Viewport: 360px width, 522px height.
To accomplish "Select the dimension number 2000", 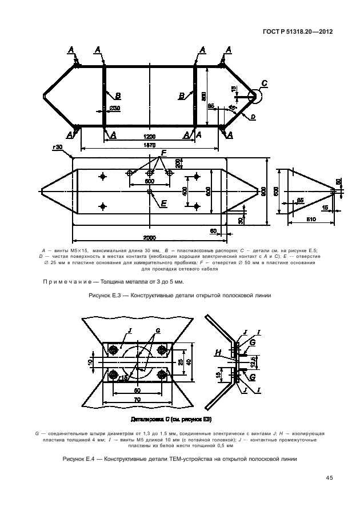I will pyautogui.click(x=149, y=237).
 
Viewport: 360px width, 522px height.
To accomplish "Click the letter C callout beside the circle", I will pyautogui.click(x=264, y=83).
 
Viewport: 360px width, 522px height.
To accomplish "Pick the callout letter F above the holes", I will pyautogui.click(x=163, y=153).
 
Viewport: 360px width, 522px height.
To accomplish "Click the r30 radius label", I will pyautogui.click(x=57, y=148).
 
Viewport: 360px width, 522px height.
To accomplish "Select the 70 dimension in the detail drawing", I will pyautogui.click(x=138, y=400).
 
